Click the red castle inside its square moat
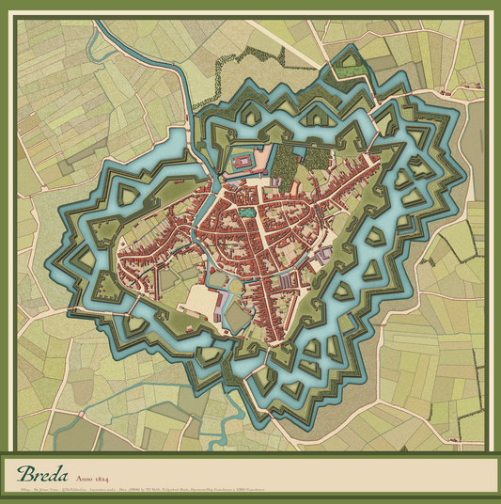(243, 159)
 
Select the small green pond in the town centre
(245, 213)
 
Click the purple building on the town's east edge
(324, 254)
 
